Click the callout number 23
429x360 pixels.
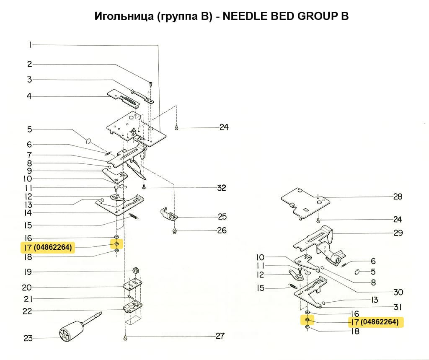tap(28, 338)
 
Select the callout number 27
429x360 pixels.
tap(220, 336)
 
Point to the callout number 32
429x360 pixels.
tap(221, 188)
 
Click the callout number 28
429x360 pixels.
tap(398, 197)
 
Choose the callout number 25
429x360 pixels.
tap(222, 217)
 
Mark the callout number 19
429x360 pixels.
tap(28, 272)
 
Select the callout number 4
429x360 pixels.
tap(29, 96)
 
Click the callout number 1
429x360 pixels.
tap(30, 44)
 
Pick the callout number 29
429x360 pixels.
tap(398, 233)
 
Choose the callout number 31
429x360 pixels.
tap(397, 307)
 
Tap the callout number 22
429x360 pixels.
tap(27, 311)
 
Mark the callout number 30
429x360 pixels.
tap(398, 292)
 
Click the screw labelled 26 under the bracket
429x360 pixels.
tap(174, 231)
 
